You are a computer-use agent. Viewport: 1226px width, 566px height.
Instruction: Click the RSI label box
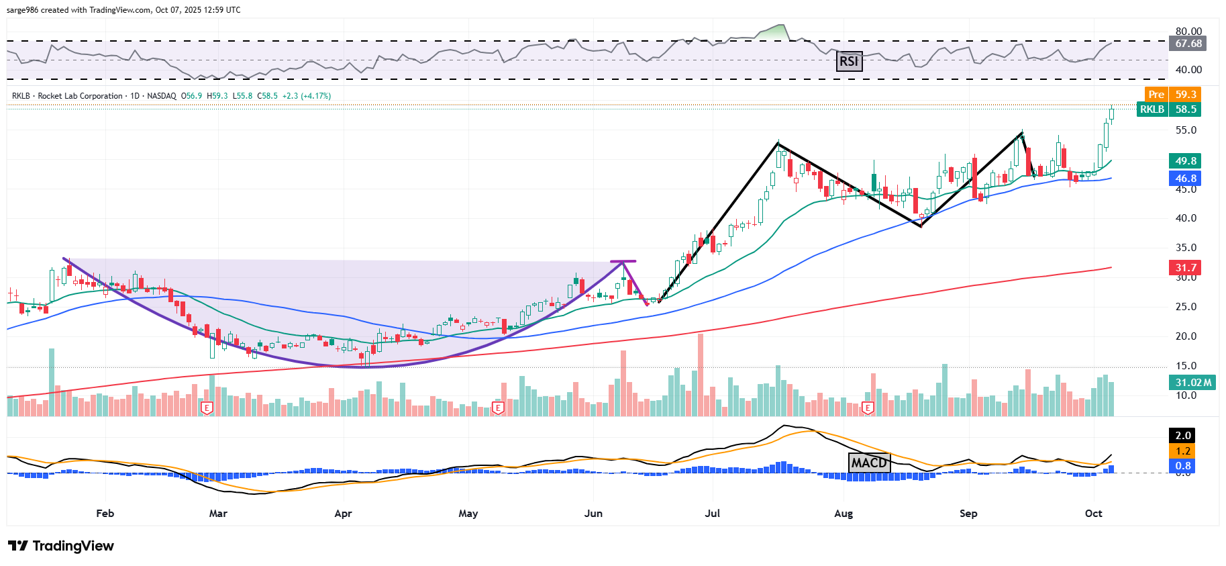coord(849,62)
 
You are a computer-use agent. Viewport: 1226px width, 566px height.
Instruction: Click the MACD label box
coord(869,463)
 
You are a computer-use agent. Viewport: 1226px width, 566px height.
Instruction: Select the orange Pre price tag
coord(1156,95)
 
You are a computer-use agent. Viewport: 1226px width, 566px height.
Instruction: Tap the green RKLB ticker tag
coord(1152,109)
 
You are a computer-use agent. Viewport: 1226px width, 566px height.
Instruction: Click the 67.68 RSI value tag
coord(1188,44)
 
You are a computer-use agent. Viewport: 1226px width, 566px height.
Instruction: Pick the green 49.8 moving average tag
coord(1186,161)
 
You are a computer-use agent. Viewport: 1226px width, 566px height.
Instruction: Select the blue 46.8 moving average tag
coord(1186,179)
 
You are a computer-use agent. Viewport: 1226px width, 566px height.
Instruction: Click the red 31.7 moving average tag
coord(1186,268)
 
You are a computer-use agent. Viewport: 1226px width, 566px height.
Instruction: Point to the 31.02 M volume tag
coord(1193,383)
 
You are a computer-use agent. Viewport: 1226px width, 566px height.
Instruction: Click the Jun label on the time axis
coord(593,514)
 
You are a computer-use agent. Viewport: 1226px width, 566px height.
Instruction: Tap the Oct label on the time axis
coord(1093,514)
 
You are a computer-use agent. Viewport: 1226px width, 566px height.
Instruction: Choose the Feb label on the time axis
coord(105,514)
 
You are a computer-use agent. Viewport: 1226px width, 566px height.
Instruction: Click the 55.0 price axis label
coord(1186,130)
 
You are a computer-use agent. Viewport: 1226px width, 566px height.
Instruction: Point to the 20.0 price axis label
coord(1186,336)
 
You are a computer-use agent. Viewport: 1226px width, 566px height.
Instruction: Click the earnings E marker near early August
coord(868,408)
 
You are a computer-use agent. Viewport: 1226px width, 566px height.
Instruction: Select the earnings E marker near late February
coord(207,408)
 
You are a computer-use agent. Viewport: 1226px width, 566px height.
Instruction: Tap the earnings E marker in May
coord(498,408)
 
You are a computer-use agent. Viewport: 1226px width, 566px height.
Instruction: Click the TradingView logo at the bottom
coord(61,546)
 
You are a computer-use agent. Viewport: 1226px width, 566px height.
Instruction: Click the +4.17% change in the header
coord(315,96)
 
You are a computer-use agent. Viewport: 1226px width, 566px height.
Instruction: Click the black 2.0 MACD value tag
coord(1183,436)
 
